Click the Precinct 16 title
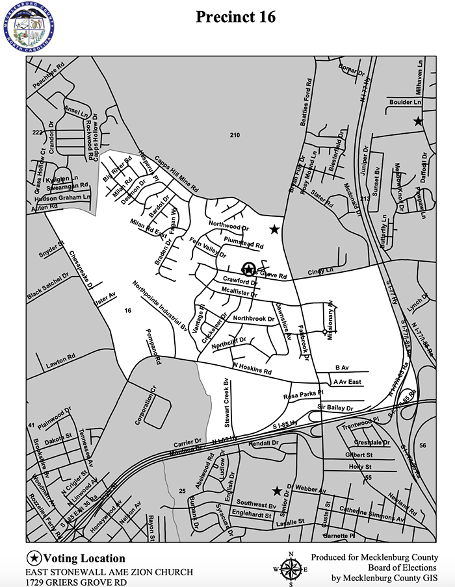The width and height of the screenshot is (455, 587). (x=236, y=18)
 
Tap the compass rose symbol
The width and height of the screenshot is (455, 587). (x=290, y=568)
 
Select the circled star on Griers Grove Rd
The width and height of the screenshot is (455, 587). (x=248, y=269)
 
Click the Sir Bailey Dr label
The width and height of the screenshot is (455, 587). (x=335, y=407)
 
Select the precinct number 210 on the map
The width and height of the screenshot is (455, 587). (x=235, y=135)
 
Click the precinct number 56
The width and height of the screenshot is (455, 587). (x=422, y=445)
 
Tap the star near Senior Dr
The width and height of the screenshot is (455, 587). (x=277, y=491)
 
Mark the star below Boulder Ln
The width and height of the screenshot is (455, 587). (x=418, y=121)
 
